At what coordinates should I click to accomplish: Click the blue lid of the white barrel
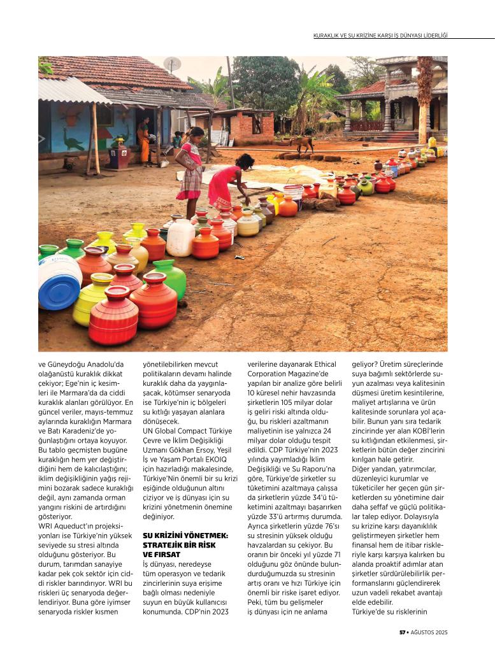pyautogui.click(x=59, y=290)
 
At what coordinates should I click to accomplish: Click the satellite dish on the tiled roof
pyautogui.click(x=171, y=64)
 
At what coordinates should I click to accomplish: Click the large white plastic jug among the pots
pyautogui.click(x=181, y=237)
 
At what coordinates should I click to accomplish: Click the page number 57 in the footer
pyautogui.click(x=402, y=632)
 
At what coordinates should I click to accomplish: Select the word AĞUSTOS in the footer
pyautogui.click(x=424, y=632)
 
